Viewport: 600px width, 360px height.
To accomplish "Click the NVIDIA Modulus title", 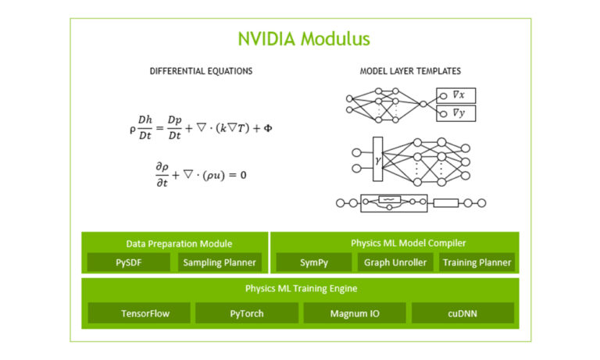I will (x=304, y=38).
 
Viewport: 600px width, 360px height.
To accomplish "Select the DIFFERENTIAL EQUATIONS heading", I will (x=201, y=71).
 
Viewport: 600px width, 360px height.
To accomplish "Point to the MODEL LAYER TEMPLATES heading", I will (x=409, y=71).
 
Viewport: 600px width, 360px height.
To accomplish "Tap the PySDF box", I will (x=128, y=262).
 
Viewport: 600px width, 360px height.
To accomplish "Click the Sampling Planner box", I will (x=220, y=262).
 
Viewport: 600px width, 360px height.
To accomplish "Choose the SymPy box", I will (x=315, y=262).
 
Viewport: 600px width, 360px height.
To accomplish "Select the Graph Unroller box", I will (x=396, y=262).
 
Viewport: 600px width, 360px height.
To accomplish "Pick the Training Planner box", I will (x=477, y=262).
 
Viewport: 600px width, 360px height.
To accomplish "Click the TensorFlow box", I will (x=139, y=313).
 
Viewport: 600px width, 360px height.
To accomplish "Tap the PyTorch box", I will (x=246, y=313).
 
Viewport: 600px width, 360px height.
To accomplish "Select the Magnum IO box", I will (x=354, y=313).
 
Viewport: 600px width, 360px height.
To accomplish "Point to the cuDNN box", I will (x=462, y=313).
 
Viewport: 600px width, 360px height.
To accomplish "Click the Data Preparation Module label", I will (x=179, y=244).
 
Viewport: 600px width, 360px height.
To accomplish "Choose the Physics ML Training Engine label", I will (x=301, y=288).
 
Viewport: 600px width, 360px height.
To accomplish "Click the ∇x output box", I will (x=455, y=95).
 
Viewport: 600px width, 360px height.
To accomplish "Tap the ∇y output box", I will (x=455, y=114).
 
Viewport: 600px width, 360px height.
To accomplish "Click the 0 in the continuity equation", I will (x=243, y=175).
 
